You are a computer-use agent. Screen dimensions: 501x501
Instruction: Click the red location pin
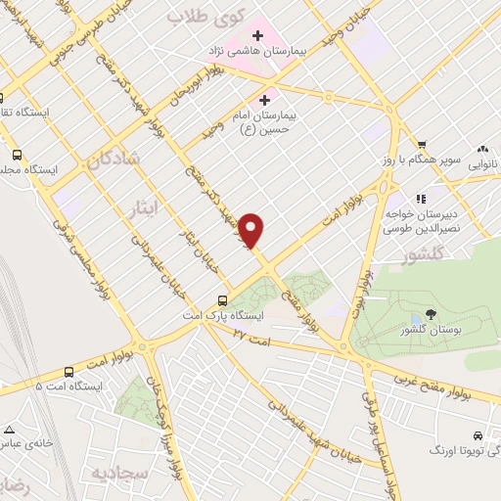coord(252,231)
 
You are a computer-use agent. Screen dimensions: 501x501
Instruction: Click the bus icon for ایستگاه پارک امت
coord(223,300)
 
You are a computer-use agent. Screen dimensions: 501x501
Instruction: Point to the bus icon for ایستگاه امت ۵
coord(68,372)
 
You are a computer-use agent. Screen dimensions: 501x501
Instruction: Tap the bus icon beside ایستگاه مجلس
coord(17,154)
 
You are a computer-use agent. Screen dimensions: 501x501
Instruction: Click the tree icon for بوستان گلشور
coord(431,316)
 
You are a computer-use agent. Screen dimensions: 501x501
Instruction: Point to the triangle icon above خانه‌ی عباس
coord(9,430)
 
